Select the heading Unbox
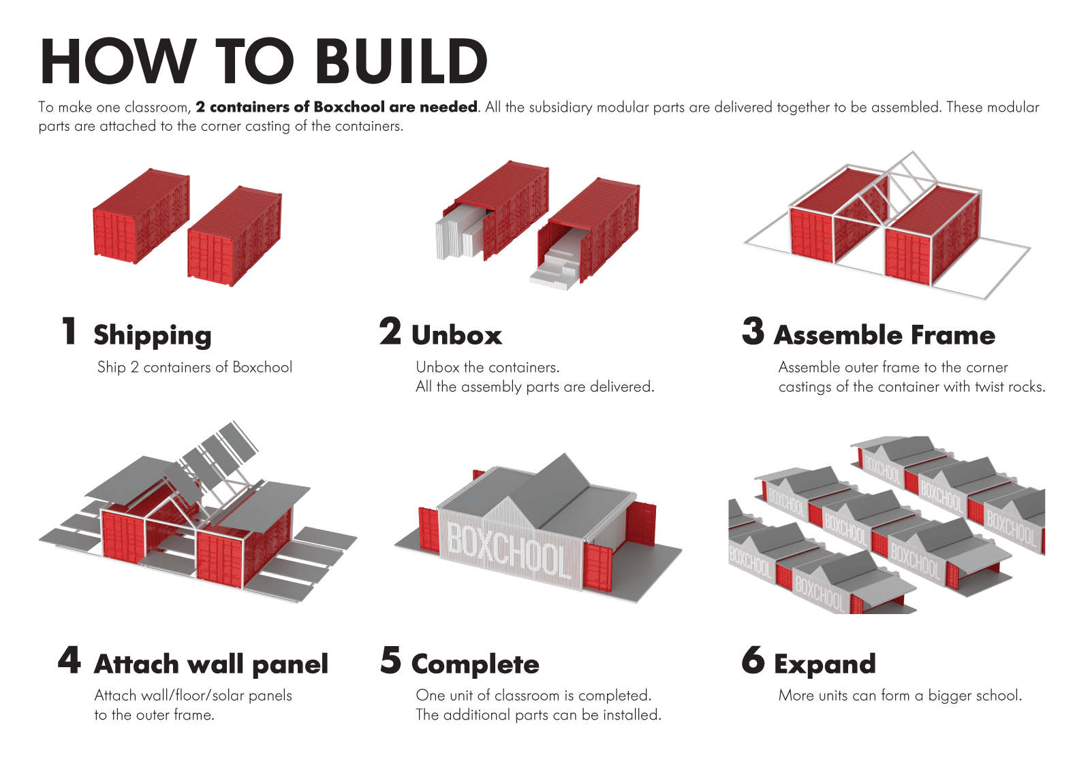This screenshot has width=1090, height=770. click(x=456, y=335)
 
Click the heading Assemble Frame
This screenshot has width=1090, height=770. click(x=884, y=335)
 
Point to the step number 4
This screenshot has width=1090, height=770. click(x=69, y=660)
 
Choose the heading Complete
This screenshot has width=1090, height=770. click(x=475, y=664)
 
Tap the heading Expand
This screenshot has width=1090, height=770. click(x=824, y=664)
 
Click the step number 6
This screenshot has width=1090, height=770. click(x=753, y=660)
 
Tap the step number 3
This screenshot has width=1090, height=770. click(x=753, y=331)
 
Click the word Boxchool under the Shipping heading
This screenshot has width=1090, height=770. click(x=262, y=368)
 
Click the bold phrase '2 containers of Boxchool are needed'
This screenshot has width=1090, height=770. click(x=337, y=107)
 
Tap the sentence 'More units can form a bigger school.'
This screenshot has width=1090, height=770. click(x=899, y=696)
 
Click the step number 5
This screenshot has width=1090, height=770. click(x=390, y=660)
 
